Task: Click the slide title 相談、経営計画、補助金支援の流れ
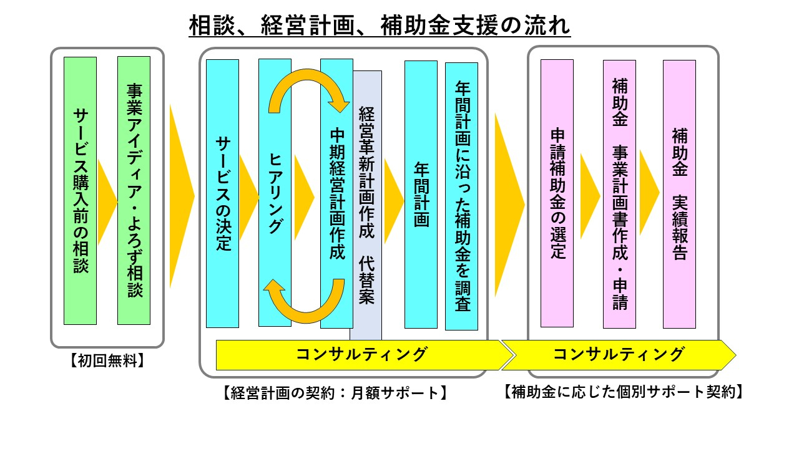(x=380, y=27)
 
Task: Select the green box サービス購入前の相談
(x=81, y=191)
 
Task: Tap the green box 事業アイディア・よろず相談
(x=134, y=191)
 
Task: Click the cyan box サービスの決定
(x=223, y=193)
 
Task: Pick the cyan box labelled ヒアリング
(x=275, y=193)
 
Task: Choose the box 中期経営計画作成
(x=336, y=193)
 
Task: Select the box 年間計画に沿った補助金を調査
(x=461, y=196)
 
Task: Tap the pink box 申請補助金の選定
(x=557, y=193)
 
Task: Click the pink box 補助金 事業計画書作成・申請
(x=619, y=193)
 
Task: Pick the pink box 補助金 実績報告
(x=679, y=193)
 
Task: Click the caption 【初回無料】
(x=107, y=360)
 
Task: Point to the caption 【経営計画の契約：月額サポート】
(x=335, y=393)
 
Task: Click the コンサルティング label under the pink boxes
(x=618, y=355)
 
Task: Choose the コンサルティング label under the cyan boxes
(x=361, y=355)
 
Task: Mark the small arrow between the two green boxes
(x=106, y=200)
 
